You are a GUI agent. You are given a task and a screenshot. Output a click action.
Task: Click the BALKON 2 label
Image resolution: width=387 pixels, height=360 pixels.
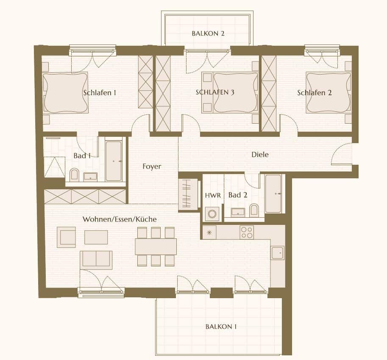[208, 33]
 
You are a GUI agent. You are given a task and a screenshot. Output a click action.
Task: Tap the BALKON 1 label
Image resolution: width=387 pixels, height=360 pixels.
[221, 327]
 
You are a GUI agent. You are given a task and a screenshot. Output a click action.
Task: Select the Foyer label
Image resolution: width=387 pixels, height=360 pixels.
[152, 166]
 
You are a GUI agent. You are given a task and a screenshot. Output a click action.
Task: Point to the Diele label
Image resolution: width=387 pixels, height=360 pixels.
[260, 155]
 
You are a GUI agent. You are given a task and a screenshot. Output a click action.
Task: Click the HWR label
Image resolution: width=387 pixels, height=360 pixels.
[213, 196]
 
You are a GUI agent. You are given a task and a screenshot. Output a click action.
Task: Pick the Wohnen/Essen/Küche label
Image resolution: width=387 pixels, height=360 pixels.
[120, 219]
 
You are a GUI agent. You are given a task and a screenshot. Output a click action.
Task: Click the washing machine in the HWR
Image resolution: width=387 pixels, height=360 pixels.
[212, 214]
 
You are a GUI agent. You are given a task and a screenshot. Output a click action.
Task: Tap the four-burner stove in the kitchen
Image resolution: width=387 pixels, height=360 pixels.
[247, 233]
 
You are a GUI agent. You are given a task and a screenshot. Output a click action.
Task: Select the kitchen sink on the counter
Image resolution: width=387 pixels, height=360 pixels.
[278, 253]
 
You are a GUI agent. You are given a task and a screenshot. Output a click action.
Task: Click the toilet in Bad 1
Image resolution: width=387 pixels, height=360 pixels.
[74, 174]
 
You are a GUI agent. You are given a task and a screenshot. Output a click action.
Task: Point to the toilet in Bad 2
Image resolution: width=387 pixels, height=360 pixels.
[254, 210]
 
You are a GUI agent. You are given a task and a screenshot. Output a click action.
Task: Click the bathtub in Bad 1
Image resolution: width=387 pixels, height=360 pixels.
[114, 161]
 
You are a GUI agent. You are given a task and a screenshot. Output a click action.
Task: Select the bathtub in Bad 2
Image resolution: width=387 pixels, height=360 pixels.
[273, 194]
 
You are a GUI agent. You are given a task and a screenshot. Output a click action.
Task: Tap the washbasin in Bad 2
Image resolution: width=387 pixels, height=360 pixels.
[238, 213]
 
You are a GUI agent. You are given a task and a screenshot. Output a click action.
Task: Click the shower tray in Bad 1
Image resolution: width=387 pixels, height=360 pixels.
[55, 167]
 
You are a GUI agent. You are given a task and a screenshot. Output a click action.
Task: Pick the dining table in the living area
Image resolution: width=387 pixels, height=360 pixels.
[156, 246]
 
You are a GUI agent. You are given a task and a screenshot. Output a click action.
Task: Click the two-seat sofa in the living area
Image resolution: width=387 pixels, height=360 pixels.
[96, 259]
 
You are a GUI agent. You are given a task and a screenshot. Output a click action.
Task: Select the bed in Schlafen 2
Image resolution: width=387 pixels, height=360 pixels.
[328, 92]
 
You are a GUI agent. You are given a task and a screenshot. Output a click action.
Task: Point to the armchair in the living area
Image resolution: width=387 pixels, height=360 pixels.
[66, 237]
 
